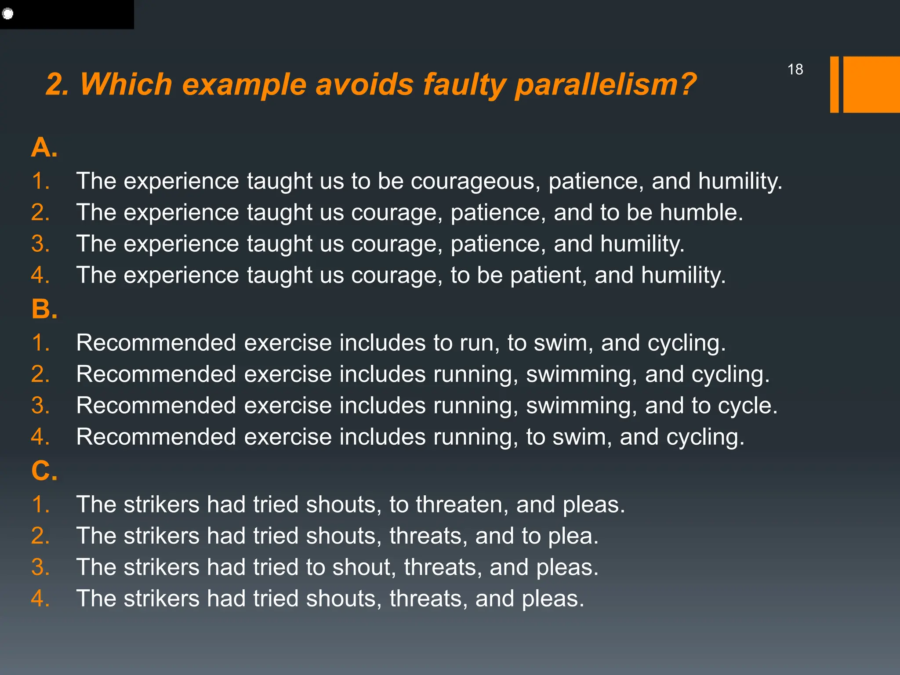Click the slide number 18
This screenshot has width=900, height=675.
point(795,69)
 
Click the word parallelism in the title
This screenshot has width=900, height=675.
point(605,84)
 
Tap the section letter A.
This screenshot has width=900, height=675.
point(44,147)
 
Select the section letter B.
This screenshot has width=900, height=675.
point(44,309)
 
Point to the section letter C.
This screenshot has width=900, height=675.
point(44,471)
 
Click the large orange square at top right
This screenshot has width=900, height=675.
point(871,84)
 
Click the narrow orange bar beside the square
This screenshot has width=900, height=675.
point(834,84)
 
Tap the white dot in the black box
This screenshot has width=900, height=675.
point(8,14)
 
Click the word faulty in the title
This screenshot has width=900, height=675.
point(464,84)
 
